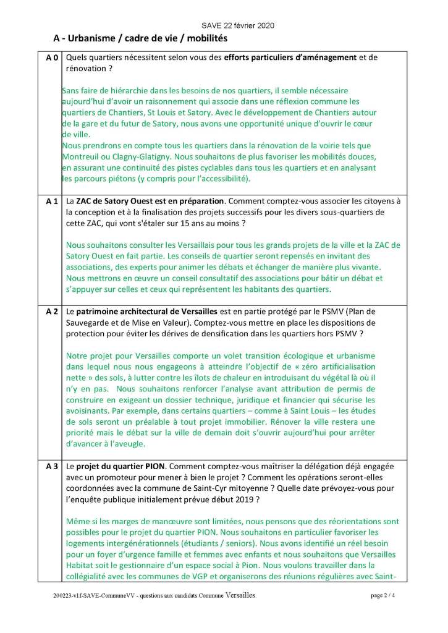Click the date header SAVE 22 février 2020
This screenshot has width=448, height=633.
(238, 25)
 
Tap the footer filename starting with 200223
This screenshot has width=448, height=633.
(154, 595)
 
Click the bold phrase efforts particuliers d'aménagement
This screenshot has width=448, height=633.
(290, 58)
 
